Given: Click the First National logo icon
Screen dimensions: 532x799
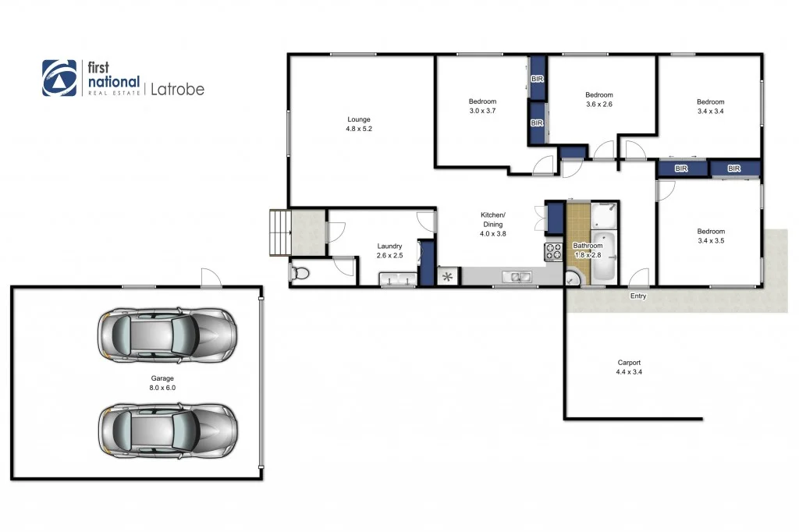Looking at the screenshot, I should (59, 78).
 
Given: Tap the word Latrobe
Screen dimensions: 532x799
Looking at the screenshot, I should (176, 89).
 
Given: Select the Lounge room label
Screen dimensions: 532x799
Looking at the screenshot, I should (359, 124).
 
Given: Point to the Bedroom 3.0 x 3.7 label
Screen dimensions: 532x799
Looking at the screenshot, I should (482, 107).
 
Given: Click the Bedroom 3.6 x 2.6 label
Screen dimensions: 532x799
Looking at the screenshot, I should (599, 99).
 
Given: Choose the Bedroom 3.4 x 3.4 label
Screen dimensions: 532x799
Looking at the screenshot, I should (710, 107).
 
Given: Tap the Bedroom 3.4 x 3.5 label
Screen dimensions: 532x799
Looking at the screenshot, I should (710, 236).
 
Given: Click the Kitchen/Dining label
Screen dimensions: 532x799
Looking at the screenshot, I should (492, 224).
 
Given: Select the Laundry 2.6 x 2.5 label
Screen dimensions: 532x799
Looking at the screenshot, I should (389, 250).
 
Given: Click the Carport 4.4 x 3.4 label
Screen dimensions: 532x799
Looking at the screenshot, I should (629, 367).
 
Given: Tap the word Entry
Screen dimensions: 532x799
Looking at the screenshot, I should (638, 296).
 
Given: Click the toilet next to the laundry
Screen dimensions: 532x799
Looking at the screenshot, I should (301, 273).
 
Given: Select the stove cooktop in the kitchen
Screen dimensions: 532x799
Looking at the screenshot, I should (553, 251).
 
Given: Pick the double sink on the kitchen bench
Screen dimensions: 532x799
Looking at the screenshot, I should (517, 276).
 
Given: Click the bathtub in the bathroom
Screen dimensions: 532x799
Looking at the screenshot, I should (604, 257).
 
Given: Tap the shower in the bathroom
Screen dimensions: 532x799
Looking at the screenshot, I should (604, 215).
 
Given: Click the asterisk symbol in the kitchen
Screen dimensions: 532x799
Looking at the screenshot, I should (449, 277).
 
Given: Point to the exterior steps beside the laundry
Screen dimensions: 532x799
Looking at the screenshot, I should (279, 232).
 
